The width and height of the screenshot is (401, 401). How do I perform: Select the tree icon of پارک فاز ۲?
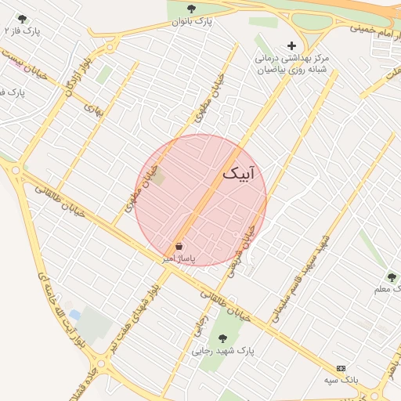point(21,18)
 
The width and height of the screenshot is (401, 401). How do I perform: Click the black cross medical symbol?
point(292,45)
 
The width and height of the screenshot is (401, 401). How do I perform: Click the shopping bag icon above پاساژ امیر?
point(179,246)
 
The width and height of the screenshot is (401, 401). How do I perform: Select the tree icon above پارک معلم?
point(391,277)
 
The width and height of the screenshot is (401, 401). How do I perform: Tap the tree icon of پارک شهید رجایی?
point(222,338)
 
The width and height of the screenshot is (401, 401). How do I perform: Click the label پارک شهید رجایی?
point(224,352)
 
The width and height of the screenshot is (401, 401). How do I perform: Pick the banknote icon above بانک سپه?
point(341,367)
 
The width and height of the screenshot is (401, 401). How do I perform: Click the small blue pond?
point(74,315)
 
